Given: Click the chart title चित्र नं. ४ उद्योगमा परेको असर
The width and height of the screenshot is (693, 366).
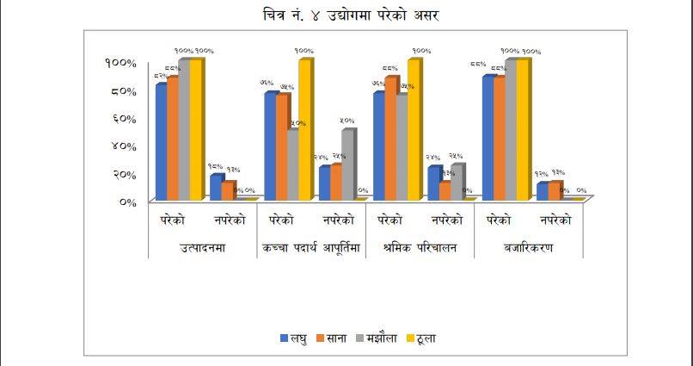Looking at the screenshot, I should [346, 16].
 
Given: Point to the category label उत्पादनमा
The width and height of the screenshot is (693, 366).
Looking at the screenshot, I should [203, 248].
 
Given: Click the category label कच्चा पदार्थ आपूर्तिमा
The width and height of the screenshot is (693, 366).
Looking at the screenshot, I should [311, 248].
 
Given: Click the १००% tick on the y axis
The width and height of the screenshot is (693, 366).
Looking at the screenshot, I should [120, 63].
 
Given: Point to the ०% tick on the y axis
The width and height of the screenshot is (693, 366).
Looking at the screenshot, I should [126, 202].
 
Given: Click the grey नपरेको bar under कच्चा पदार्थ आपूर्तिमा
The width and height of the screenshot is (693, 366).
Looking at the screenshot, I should [346, 164].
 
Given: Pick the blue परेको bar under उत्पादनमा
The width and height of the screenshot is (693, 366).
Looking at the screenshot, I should [160, 142].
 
